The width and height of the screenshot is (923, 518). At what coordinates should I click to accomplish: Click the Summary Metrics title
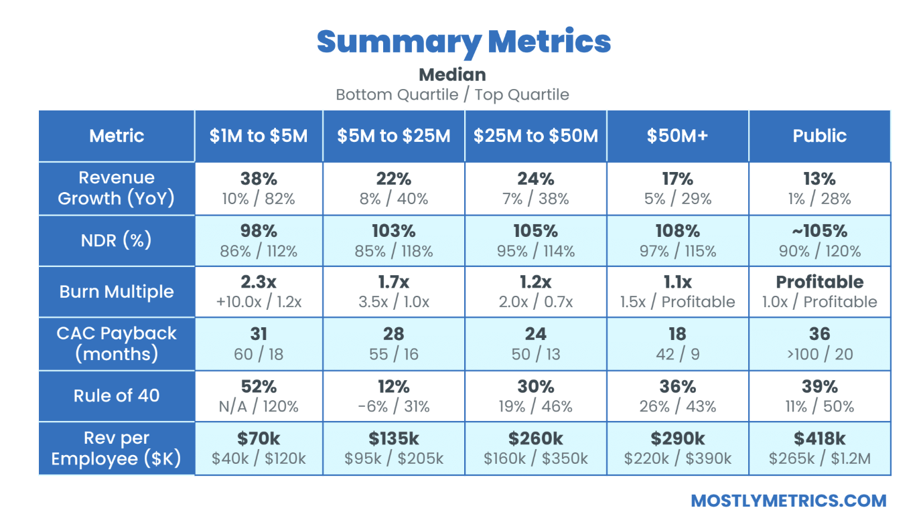(464, 41)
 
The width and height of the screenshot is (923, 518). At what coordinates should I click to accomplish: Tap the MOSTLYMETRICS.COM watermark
(788, 501)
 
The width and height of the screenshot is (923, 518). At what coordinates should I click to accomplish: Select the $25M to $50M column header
(535, 136)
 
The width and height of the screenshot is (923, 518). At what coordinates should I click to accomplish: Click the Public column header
(819, 136)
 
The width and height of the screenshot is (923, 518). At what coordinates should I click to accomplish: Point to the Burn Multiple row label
(117, 292)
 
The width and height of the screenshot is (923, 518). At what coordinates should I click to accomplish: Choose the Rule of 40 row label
(117, 396)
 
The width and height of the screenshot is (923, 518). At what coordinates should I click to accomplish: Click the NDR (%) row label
(117, 240)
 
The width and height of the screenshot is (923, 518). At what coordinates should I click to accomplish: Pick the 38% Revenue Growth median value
(259, 179)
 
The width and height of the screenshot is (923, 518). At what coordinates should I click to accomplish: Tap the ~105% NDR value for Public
(819, 231)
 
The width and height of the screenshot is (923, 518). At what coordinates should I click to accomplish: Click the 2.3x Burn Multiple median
(259, 282)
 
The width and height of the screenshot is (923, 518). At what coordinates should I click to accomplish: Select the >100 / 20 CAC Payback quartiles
(819, 354)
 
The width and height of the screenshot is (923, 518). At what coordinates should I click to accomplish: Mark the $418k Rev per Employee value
(819, 439)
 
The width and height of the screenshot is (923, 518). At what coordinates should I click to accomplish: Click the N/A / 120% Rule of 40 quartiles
(259, 406)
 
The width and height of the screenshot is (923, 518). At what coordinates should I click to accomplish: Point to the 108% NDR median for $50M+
(677, 231)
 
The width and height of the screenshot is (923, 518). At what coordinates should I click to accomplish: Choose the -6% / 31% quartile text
(393, 406)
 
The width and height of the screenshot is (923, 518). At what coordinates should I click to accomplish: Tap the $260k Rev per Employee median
(535, 439)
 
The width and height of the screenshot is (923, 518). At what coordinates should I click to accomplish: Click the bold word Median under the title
(452, 74)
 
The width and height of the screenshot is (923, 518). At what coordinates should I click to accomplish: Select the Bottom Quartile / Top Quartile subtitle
(452, 94)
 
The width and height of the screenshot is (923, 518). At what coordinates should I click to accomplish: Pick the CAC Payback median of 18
(677, 334)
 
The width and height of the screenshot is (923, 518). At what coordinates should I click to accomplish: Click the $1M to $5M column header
(259, 136)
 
